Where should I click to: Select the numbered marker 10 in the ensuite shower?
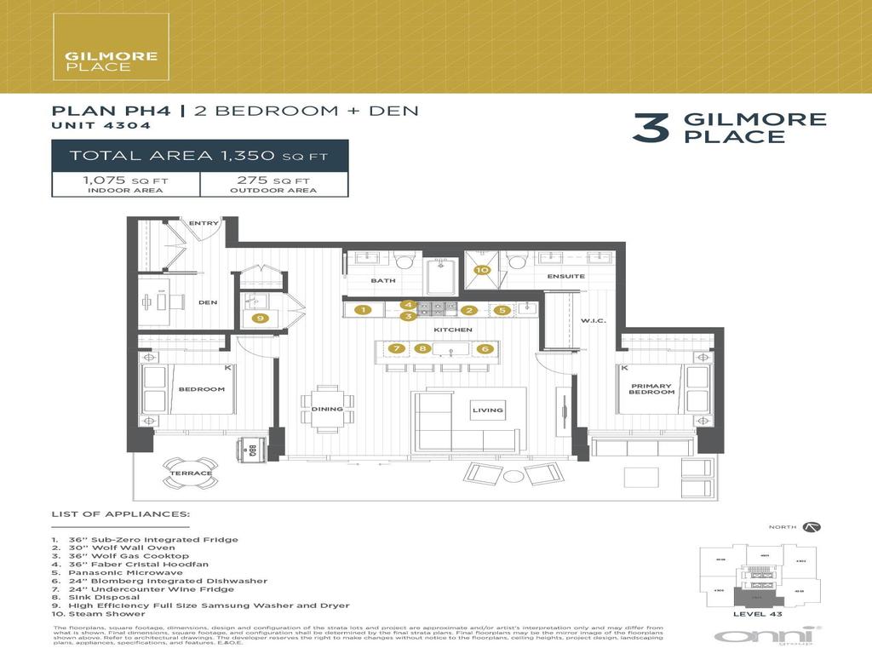click(x=482, y=271)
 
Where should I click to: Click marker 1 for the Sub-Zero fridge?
click(x=363, y=310)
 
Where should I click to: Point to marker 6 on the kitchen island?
click(x=485, y=348)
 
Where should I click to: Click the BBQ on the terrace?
click(x=252, y=451)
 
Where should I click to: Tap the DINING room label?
click(x=327, y=409)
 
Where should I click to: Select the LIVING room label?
click(x=487, y=410)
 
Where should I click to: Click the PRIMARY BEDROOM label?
click(x=651, y=390)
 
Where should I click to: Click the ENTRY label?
click(x=204, y=223)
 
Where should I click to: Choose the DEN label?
click(x=208, y=302)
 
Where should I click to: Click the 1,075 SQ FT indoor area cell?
click(x=126, y=184)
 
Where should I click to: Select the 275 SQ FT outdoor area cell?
click(x=273, y=184)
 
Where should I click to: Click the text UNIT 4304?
click(x=101, y=125)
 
